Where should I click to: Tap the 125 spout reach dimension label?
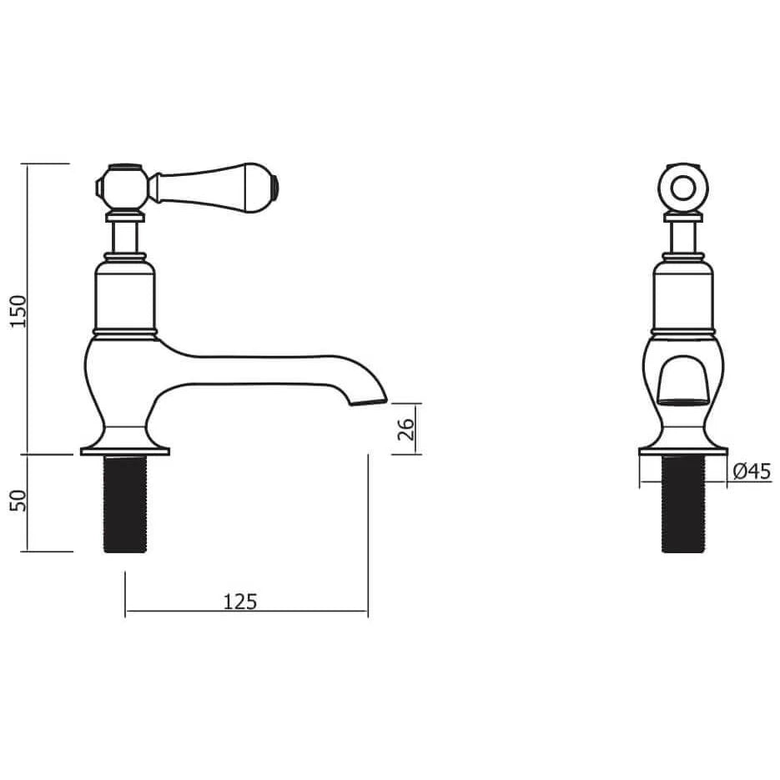tap(241, 600)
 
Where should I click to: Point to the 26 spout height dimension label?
tap(406, 429)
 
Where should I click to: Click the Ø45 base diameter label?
tap(751, 472)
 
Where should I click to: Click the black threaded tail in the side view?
tap(124, 503)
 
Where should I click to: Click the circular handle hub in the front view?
tap(682, 186)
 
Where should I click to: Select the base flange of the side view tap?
tap(124, 451)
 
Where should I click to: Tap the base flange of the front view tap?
tap(682, 451)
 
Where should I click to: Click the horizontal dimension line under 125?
tap(246, 611)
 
